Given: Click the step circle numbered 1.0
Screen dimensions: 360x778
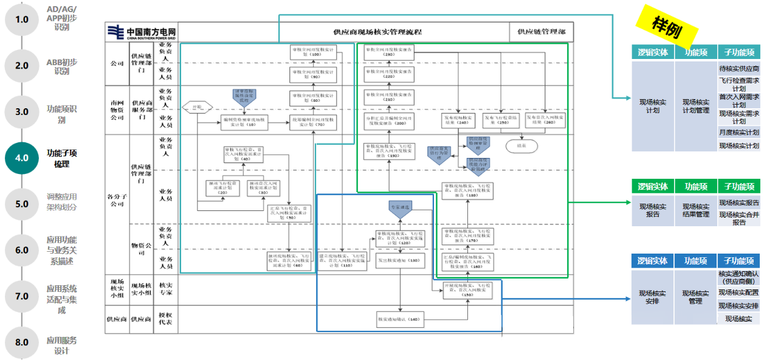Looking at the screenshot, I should (x=22, y=19).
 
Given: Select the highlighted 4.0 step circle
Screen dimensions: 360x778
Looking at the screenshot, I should (x=22, y=158).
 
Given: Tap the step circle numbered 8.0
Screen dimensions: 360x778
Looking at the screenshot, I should (x=22, y=342).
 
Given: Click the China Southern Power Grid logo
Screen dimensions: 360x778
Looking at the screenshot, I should (x=141, y=32).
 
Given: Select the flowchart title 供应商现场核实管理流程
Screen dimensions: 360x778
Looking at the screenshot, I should (x=377, y=32).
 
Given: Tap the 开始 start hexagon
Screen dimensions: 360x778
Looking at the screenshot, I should (x=196, y=107).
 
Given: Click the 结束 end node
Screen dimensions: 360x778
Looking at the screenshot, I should (x=521, y=146).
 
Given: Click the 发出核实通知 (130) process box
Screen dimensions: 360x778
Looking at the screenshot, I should (x=399, y=261).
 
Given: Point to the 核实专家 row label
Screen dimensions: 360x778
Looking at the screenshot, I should (x=165, y=288).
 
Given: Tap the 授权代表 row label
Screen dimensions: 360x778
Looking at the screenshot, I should (x=165, y=319).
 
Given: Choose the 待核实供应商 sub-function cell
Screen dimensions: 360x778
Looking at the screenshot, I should (x=738, y=69).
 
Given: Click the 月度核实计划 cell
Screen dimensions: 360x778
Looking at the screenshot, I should (x=738, y=132).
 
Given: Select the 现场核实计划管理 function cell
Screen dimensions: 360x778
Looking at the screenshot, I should (x=696, y=106).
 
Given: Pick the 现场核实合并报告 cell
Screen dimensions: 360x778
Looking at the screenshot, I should (x=738, y=218).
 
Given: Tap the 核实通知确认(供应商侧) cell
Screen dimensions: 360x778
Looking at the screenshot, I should (x=738, y=277).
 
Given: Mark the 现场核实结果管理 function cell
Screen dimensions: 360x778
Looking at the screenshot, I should (x=696, y=210).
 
